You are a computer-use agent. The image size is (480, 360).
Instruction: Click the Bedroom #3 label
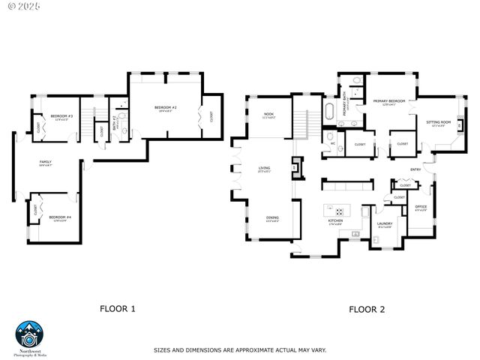pos(61,116)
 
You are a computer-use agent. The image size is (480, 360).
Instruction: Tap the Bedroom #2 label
pos(165,107)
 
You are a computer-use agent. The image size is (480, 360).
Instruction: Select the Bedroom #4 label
pos(61,217)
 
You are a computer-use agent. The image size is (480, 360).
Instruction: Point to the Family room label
pos(46,162)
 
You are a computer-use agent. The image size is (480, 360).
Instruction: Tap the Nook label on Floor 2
pos(267,115)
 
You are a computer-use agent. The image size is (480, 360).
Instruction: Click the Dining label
pos(272,218)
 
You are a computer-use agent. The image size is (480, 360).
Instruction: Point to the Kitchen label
pos(335,220)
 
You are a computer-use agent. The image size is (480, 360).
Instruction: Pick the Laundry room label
pos(385,223)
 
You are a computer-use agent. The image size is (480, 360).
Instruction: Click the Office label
pos(421,207)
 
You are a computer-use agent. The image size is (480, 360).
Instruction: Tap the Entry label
pos(415,169)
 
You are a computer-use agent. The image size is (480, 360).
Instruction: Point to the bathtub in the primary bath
pos(329,113)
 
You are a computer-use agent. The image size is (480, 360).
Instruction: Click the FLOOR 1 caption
pos(118,308)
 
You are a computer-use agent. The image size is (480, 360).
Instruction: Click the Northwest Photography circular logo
pos(30,334)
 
